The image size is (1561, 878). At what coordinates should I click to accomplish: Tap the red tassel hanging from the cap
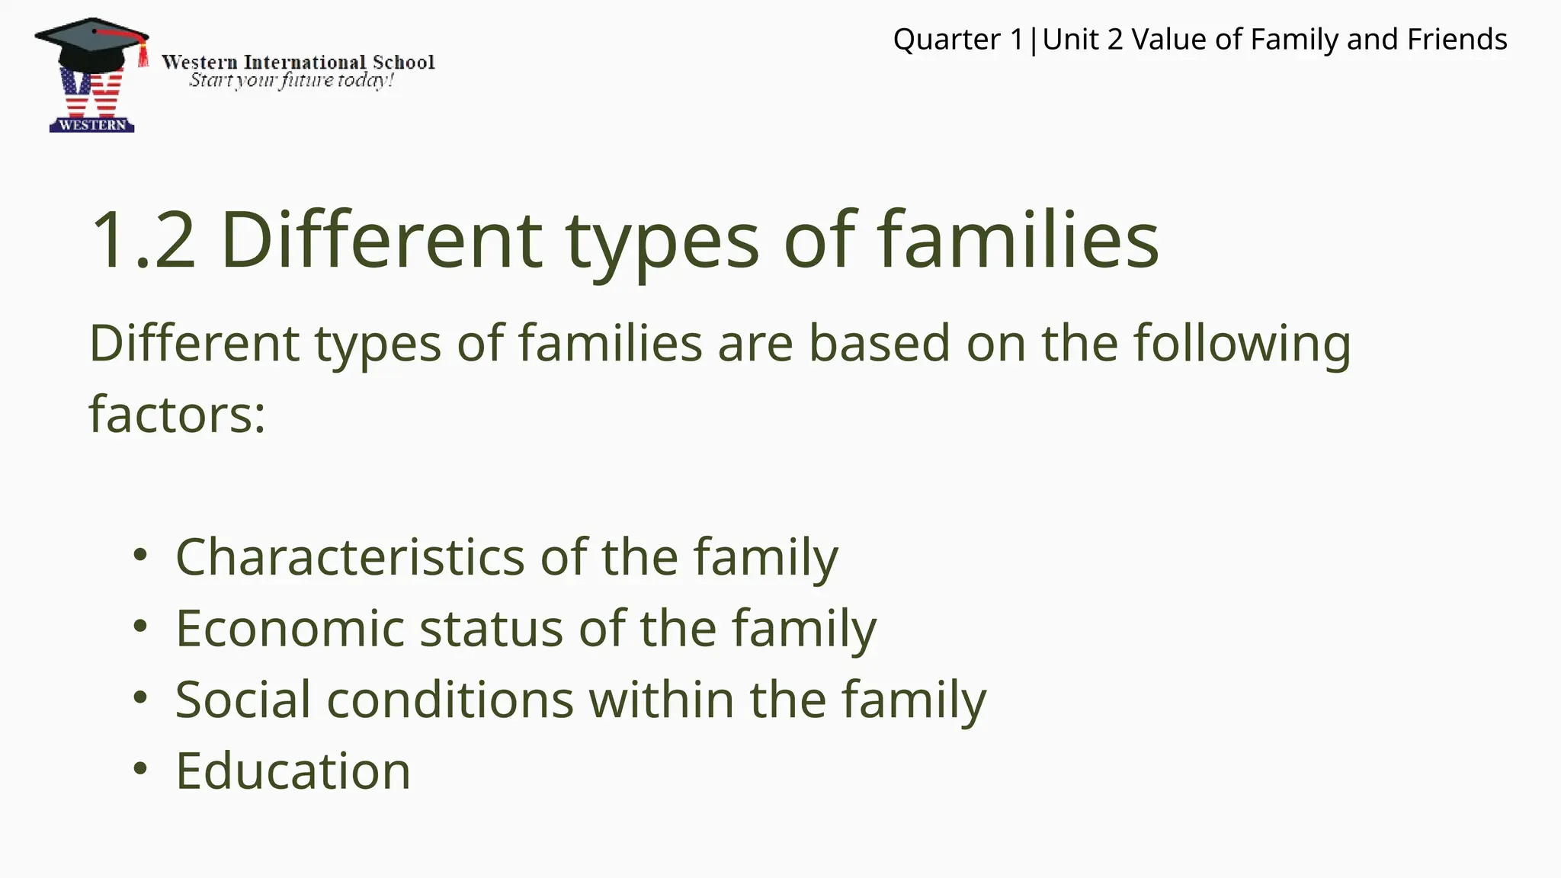143,56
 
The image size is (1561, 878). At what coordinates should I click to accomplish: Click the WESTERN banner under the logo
92,125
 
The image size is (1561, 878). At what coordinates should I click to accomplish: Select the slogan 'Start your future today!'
291,80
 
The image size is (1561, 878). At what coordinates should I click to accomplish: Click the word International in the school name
304,62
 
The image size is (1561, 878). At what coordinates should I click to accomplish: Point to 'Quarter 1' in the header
957,39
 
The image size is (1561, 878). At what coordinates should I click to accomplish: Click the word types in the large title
662,240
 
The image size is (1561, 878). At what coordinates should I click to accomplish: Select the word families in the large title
1017,240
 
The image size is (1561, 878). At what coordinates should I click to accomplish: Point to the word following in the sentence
1242,343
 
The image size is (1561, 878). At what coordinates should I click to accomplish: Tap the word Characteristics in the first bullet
350,556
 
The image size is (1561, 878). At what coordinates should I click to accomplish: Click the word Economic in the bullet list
290,628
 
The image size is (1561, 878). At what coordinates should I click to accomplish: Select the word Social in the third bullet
242,699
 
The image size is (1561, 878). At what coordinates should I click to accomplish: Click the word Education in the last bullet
293,771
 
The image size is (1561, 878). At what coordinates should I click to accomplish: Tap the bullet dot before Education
139,768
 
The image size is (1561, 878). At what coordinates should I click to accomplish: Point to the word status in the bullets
491,628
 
